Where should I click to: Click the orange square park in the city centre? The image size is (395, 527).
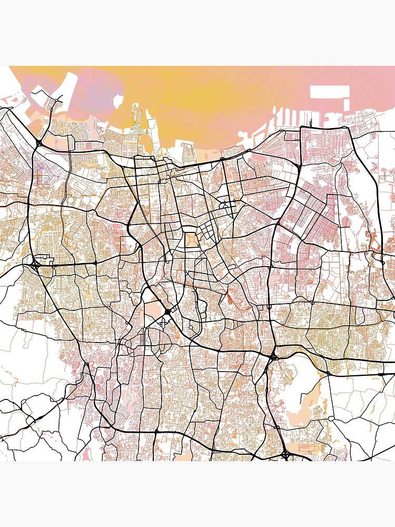pyautogui.click(x=192, y=240)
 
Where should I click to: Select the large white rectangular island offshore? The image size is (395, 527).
pyautogui.click(x=329, y=92)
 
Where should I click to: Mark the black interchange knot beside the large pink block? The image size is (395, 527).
pyautogui.click(x=167, y=312)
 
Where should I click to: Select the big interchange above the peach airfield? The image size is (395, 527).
pyautogui.click(x=273, y=358)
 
